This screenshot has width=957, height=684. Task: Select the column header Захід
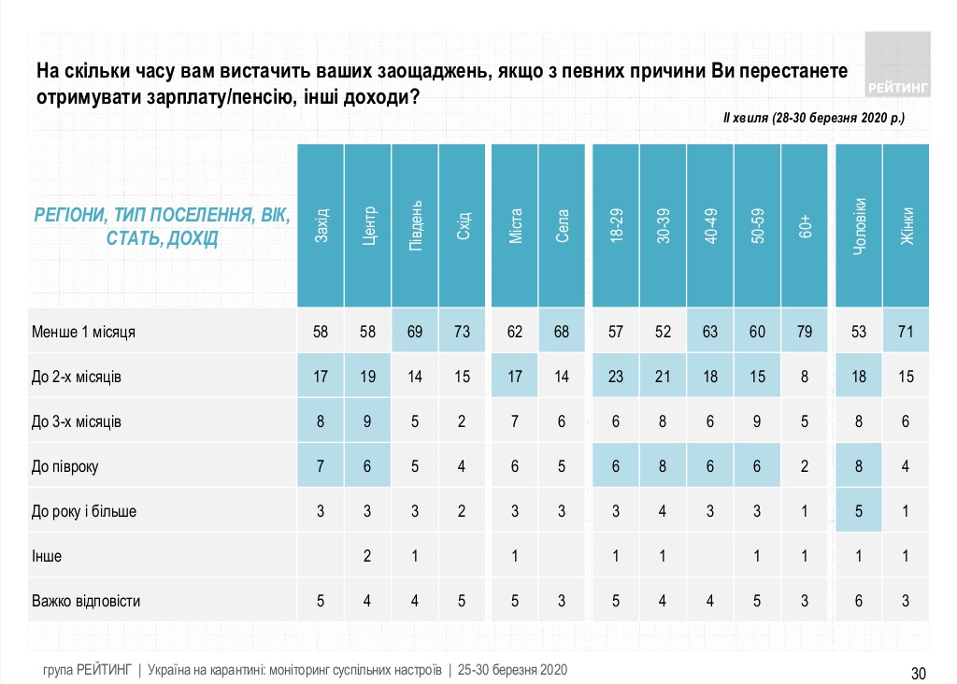(x=321, y=224)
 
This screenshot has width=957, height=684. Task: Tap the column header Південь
(x=416, y=224)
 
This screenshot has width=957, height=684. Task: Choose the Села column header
(x=563, y=224)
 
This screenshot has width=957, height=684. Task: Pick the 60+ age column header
(x=805, y=224)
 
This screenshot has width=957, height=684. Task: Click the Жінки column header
(x=906, y=224)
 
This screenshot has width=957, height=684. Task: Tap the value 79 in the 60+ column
(x=805, y=332)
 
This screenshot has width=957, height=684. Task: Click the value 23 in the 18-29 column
(x=615, y=377)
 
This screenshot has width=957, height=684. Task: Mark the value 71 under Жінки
(x=906, y=332)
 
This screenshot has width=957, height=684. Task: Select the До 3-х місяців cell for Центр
(x=368, y=421)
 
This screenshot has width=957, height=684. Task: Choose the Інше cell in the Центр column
(x=368, y=556)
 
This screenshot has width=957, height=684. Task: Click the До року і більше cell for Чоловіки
(x=858, y=511)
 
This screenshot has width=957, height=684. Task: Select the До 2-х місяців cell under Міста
(x=515, y=377)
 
